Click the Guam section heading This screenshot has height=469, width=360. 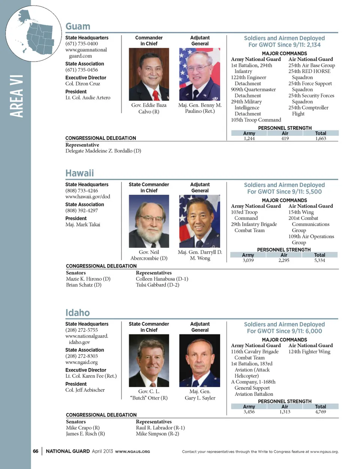tap(78, 27)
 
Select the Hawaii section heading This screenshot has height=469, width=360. tap(79, 173)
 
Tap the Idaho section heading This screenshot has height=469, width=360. tap(78, 313)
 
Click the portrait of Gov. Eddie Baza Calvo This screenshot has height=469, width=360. tap(149, 74)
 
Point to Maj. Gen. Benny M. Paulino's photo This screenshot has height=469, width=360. tap(199, 74)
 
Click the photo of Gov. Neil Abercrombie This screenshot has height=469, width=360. tap(149, 221)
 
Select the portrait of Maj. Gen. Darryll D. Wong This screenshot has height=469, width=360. tap(199, 221)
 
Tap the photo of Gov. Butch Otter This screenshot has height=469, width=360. tap(149, 361)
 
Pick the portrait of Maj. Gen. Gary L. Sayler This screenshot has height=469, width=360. tap(199, 361)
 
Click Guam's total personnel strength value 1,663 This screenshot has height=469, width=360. tap(321, 139)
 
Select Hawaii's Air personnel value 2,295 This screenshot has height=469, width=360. tap(284, 260)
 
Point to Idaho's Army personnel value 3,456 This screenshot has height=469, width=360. tap(249, 412)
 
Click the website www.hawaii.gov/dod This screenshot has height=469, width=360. tap(88, 196)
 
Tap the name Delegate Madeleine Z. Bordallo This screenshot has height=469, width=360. tap(103, 151)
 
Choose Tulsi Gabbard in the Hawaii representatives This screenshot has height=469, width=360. tap(157, 285)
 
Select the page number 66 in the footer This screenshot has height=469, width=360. tap(36, 451)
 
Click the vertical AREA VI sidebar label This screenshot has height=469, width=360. tap(17, 97)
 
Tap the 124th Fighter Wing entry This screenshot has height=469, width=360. tap(309, 352)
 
